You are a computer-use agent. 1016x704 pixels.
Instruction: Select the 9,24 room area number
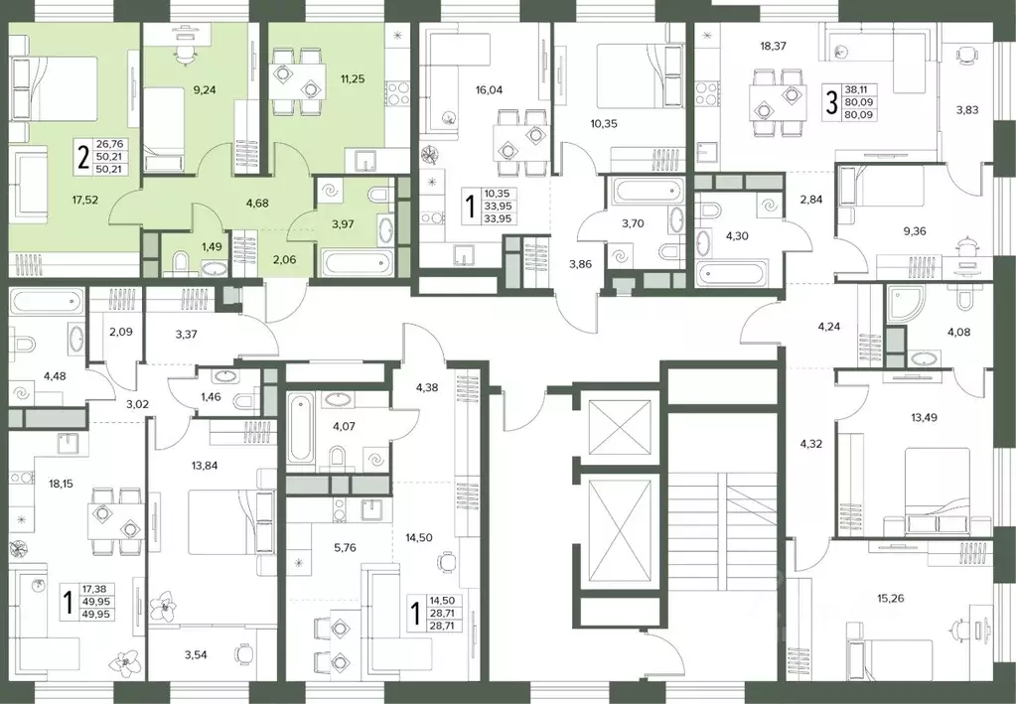point(205,89)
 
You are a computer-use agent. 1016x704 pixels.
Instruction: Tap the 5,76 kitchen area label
point(344,547)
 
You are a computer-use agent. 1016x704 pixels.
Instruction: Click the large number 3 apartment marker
point(830,103)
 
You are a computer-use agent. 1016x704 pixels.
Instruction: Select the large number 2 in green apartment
point(82,157)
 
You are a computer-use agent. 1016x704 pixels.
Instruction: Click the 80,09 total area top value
point(858,102)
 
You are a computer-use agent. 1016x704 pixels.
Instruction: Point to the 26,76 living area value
point(107,144)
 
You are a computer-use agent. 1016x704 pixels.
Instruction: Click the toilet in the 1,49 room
point(182,263)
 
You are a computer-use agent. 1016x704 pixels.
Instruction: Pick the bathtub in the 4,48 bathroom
point(47,301)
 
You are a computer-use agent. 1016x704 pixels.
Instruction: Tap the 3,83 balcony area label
point(966,110)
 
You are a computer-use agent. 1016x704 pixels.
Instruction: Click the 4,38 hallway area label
point(427,388)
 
